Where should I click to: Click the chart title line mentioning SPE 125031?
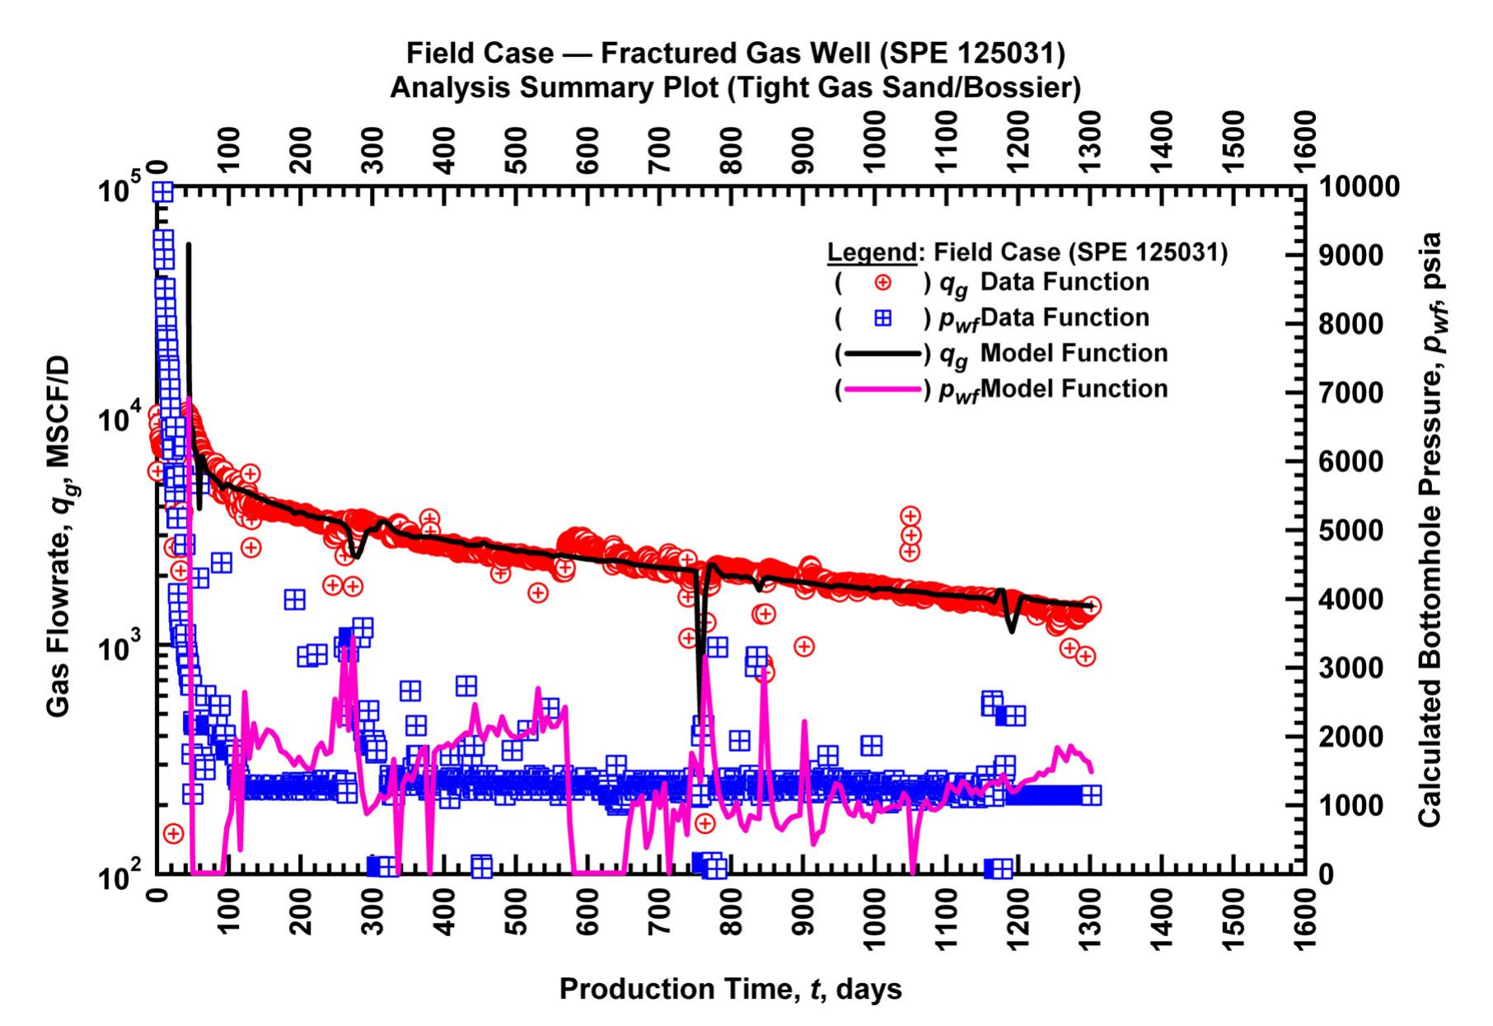click(735, 54)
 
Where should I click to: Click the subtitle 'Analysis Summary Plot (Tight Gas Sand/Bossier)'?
click(735, 87)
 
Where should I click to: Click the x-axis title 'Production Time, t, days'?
click(730, 988)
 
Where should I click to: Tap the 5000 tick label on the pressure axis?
click(1352, 530)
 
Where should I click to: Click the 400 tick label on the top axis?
click(446, 150)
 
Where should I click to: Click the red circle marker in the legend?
click(882, 283)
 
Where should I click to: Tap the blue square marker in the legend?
click(882, 318)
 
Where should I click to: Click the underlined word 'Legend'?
click(871, 252)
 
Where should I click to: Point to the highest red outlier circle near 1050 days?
click(910, 516)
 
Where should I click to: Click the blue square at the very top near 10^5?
click(162, 191)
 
